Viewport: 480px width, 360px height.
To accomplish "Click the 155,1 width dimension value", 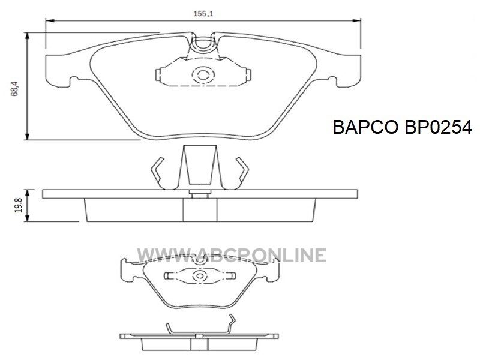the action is (x=203, y=14).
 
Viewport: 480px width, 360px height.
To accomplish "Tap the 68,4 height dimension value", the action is (x=14, y=89).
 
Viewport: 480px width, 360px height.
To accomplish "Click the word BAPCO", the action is (x=365, y=127).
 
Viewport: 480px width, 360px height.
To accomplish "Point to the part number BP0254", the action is (x=439, y=127).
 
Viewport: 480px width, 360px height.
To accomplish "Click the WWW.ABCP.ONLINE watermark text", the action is (x=232, y=256).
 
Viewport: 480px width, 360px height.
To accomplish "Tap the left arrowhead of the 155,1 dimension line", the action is (x=50, y=21).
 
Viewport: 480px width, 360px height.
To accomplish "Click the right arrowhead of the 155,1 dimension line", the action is (x=356, y=21).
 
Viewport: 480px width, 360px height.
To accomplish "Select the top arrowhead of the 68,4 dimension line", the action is (x=28, y=36).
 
